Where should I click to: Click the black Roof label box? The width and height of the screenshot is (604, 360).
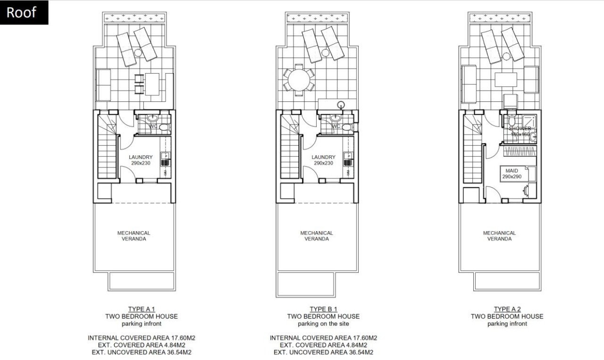24,12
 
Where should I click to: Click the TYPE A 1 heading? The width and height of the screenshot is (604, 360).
142,309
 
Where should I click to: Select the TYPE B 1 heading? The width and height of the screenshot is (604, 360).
323,309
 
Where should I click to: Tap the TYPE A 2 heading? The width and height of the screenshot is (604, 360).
507,309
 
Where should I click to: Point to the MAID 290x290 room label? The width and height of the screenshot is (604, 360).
512,174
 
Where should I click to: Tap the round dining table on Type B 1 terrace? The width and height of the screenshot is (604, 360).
299,80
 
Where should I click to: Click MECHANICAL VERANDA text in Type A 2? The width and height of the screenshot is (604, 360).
499,236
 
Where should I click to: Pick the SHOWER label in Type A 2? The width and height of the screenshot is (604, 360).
520,128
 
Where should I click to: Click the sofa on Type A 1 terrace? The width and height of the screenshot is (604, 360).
103,85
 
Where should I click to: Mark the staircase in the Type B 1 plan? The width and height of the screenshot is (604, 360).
290,146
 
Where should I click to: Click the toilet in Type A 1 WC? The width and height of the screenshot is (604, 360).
164,127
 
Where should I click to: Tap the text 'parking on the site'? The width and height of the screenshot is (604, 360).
323,324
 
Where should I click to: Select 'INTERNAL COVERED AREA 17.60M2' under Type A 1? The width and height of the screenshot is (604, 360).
142,338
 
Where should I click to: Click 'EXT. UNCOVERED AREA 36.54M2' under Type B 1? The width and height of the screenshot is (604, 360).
323,352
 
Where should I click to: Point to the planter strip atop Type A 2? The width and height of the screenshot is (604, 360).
500,18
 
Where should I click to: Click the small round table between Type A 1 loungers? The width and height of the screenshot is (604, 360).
138,52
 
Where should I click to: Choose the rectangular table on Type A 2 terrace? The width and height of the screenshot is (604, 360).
506,80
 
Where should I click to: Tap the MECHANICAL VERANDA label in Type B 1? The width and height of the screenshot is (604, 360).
317,236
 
